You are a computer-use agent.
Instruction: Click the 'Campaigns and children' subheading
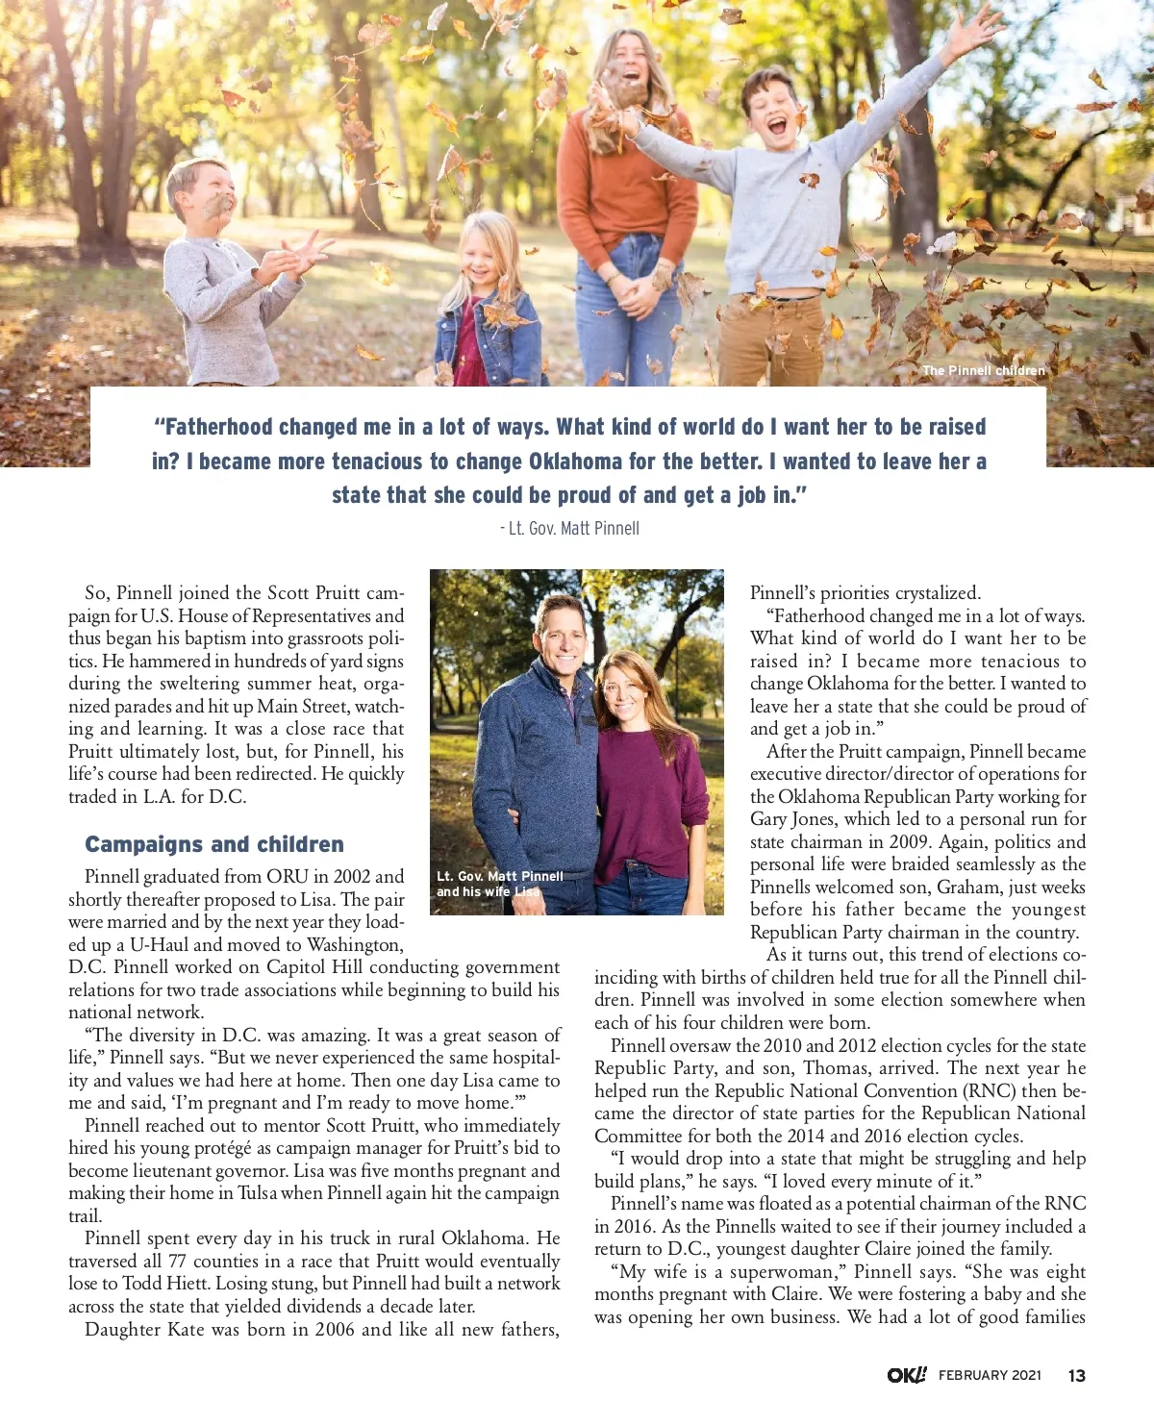(213, 844)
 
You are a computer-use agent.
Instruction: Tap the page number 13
(1076, 1375)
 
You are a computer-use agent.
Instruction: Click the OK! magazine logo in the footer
(906, 1375)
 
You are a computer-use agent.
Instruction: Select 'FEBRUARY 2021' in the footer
(990, 1375)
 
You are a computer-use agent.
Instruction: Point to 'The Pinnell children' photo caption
(983, 370)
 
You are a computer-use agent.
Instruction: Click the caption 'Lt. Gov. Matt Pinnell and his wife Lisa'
(499, 884)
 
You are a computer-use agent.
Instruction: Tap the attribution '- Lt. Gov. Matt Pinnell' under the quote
(569, 528)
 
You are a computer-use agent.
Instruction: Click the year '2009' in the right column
(909, 842)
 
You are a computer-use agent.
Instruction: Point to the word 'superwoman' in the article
(780, 1272)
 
